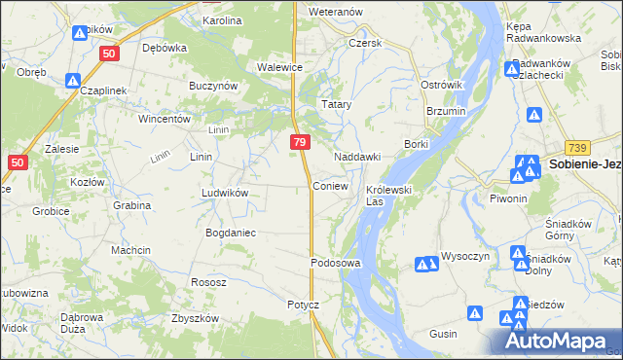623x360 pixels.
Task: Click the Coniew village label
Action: point(329,186)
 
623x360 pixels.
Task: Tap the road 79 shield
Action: point(300,143)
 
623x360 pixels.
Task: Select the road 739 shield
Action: point(576,147)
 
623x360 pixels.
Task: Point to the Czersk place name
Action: point(365,43)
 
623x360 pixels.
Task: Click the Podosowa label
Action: point(336,263)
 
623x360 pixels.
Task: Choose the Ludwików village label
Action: point(225,193)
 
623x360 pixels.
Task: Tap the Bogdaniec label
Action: point(230,233)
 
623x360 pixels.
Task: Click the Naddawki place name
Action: point(356,157)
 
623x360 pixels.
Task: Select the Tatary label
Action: point(337,103)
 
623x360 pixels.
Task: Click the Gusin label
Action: point(443,333)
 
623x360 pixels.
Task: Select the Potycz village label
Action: point(303,305)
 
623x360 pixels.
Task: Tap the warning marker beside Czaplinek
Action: point(72,81)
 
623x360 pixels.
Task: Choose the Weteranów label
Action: point(335,12)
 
